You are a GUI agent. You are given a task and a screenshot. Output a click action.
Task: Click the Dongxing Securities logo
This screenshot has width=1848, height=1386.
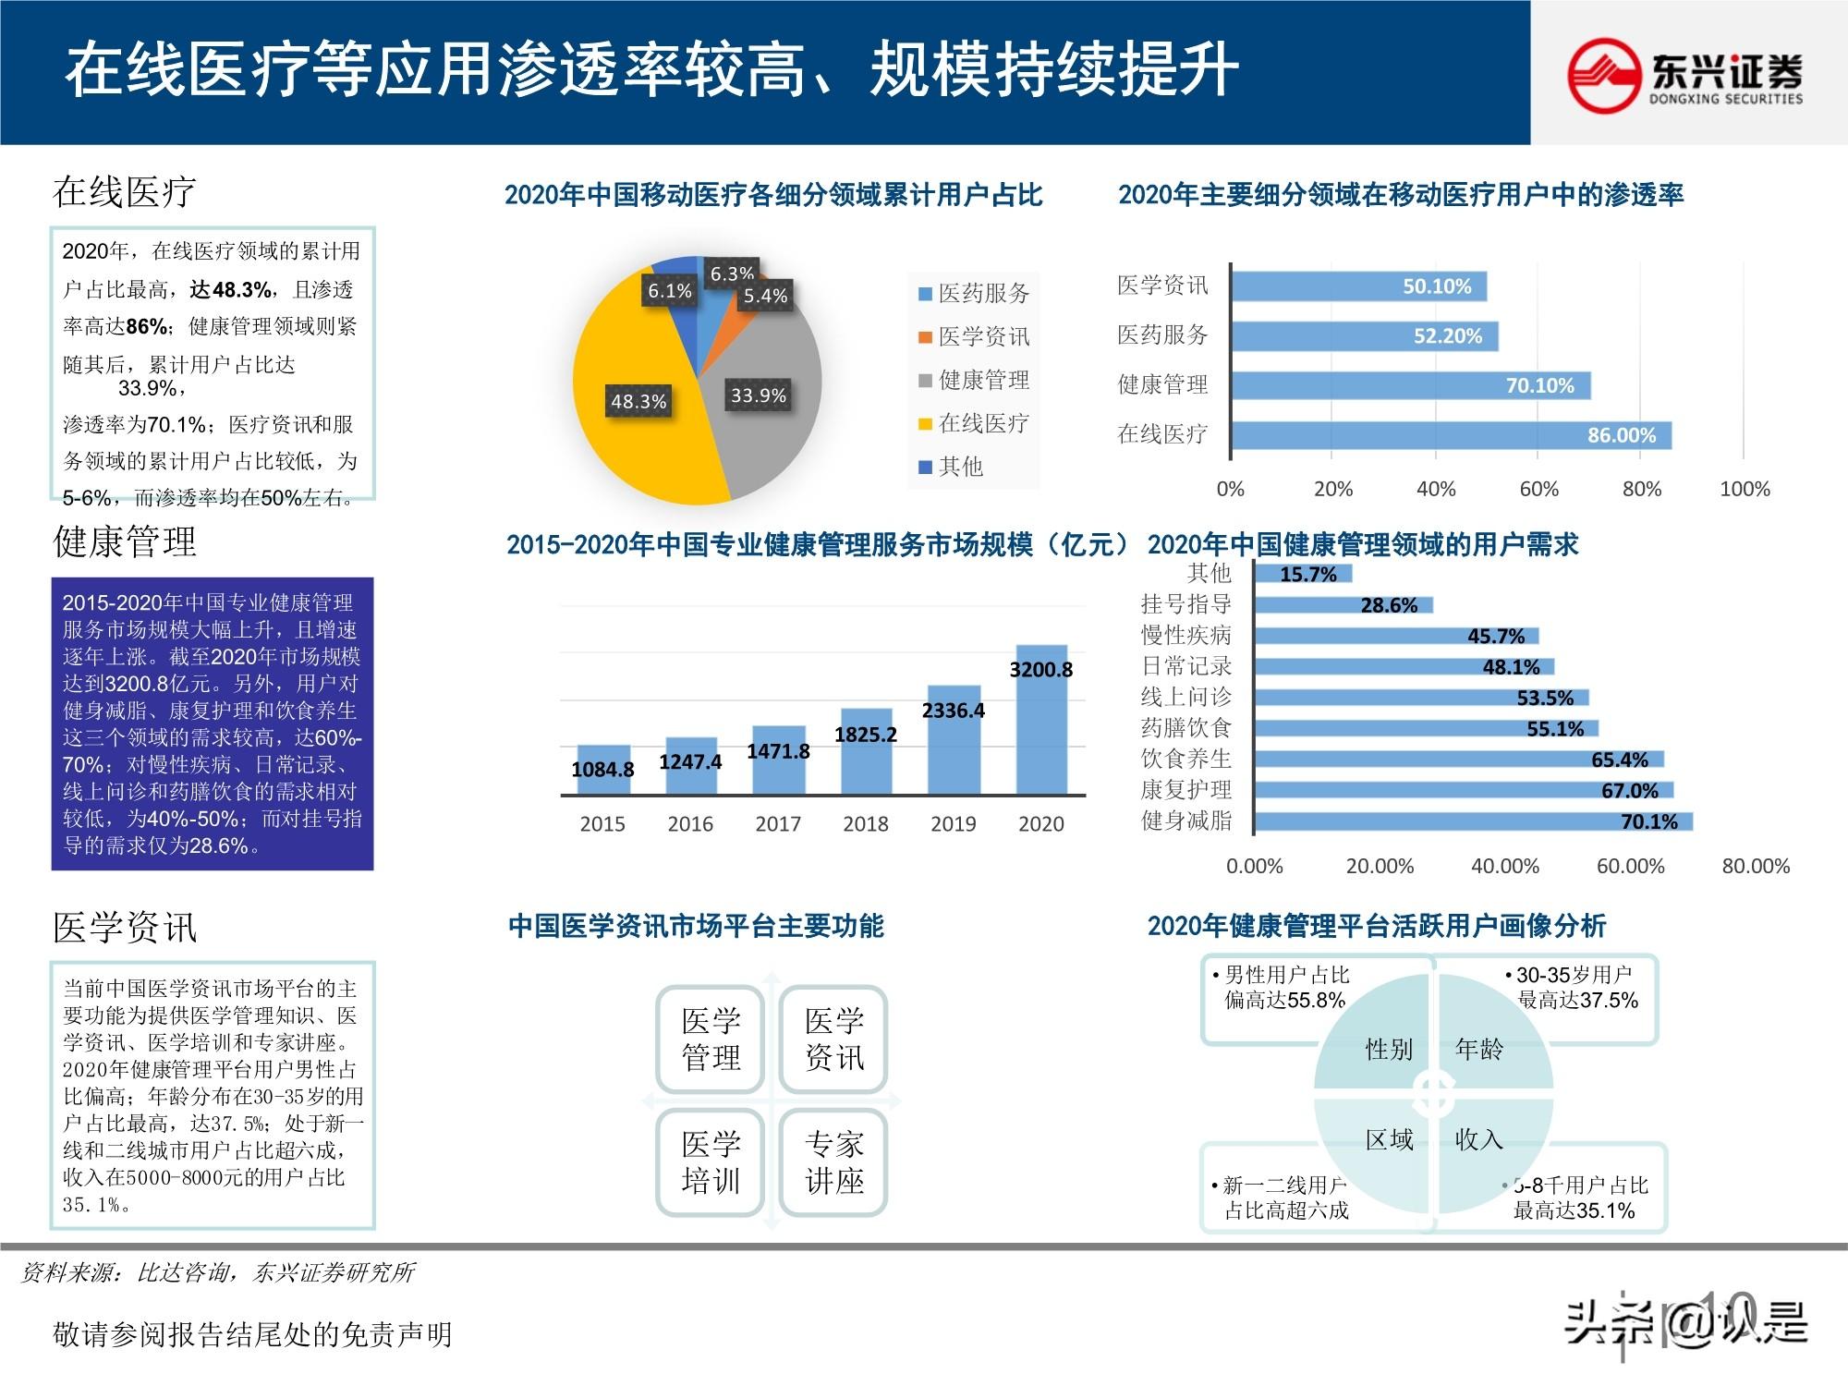click(1684, 75)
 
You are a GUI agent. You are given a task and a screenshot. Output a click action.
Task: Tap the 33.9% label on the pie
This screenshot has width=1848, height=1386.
click(758, 395)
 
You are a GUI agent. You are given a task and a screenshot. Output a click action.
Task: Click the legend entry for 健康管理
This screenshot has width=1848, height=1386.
click(974, 380)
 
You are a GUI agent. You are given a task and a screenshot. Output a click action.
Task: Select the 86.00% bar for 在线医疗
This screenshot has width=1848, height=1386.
click(1451, 435)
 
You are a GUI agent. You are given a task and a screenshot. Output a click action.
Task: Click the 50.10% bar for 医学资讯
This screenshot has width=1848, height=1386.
click(1358, 286)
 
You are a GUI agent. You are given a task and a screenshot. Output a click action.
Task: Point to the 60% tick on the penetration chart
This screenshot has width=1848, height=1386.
click(1538, 489)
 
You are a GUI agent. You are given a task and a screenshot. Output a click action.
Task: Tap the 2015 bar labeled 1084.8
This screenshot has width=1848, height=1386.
click(603, 770)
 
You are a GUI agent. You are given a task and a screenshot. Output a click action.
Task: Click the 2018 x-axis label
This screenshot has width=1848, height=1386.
click(865, 823)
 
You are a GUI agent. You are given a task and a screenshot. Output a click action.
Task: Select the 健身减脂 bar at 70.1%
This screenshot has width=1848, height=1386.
click(1473, 821)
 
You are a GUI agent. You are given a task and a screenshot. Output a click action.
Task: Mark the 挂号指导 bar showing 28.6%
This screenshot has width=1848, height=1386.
click(1343, 605)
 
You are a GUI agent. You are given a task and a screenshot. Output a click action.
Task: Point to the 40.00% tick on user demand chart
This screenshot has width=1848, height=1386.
click(1504, 866)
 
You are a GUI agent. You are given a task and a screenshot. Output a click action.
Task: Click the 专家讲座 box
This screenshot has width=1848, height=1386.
click(833, 1162)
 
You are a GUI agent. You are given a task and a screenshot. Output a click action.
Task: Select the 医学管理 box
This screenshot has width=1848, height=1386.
click(711, 1039)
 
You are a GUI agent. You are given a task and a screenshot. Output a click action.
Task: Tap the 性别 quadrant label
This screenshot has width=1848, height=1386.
click(1389, 1049)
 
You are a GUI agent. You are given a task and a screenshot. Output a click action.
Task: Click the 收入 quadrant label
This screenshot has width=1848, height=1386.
click(1478, 1139)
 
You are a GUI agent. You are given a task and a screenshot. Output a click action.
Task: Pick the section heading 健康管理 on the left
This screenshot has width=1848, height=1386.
click(125, 541)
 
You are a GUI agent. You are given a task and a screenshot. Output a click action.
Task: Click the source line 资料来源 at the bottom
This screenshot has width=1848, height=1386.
click(218, 1272)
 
